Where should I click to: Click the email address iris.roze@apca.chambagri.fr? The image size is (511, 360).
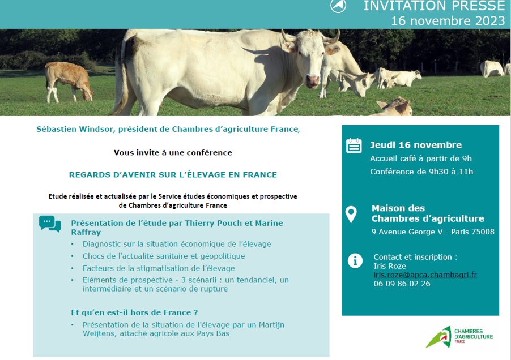pos(425,275)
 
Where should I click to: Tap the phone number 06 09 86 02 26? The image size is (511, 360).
pos(402,284)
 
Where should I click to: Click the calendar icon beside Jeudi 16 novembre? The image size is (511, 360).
pos(354,145)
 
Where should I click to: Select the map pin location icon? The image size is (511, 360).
pos(351,214)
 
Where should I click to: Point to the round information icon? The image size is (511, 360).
pos(355,261)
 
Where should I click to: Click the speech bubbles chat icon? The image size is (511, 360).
pos(50,224)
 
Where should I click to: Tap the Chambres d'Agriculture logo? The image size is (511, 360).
pos(459,337)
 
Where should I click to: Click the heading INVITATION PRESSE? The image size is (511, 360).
pos(434,6)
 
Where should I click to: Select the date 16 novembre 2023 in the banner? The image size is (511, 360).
pos(448,21)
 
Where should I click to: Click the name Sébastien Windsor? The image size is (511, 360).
pos(75,129)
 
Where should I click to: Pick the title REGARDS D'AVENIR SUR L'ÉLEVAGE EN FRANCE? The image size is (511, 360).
pos(173,175)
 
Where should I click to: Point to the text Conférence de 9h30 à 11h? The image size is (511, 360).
pos(421,172)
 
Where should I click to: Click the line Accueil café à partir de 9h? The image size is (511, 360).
pos(421,158)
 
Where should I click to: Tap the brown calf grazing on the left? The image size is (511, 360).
pos(69,82)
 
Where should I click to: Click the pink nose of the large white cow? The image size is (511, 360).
pos(313,80)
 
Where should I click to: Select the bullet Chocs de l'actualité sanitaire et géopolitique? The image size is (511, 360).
pos(164,256)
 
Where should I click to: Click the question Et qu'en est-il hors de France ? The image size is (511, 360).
pos(134,313)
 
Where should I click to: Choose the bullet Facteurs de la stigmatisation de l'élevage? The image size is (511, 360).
pos(159,268)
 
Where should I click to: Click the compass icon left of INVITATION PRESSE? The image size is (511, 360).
pos(338,5)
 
